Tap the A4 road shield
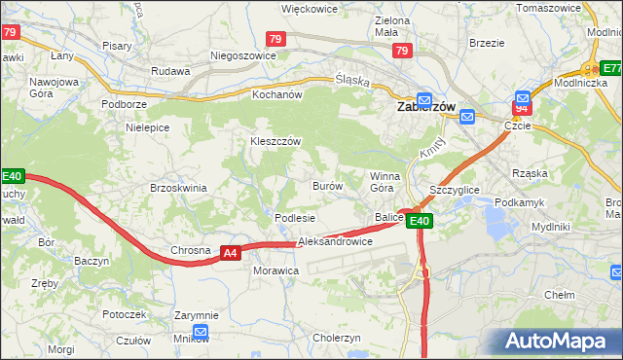click(230, 253)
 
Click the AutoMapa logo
click(559, 342)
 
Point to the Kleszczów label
click(276, 141)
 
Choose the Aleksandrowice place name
click(335, 240)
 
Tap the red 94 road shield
click(522, 109)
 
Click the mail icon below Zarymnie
click(201, 332)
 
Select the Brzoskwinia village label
click(179, 188)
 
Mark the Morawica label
click(276, 270)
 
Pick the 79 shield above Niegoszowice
click(275, 39)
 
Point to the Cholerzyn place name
click(337, 338)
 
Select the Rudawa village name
click(170, 70)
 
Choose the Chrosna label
click(191, 250)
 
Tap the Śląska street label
click(352, 82)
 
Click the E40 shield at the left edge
click(12, 176)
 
